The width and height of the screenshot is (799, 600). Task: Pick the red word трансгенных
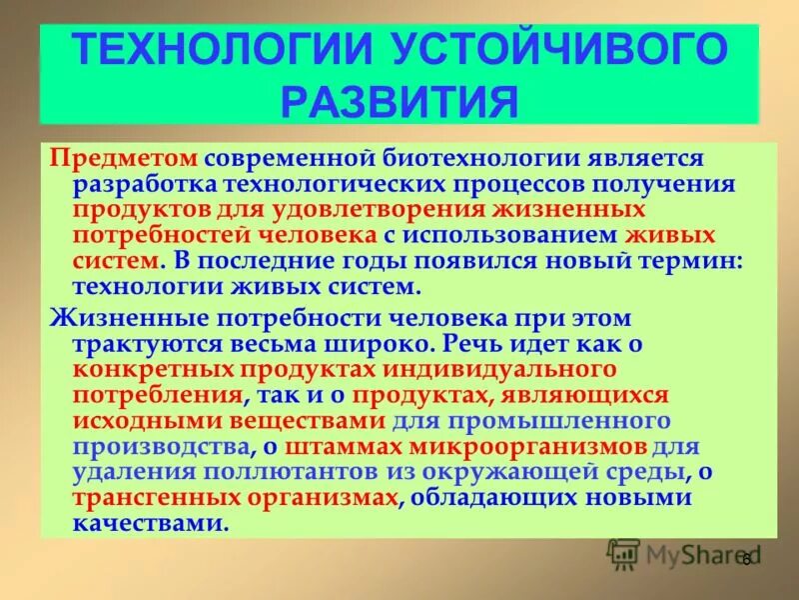coord(149,497)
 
